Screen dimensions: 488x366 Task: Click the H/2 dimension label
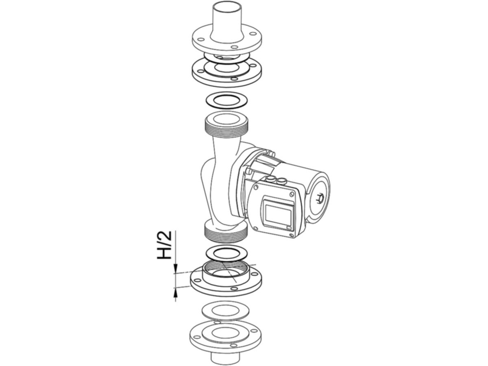[164, 245]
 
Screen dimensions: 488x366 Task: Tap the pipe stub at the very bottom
[225, 357]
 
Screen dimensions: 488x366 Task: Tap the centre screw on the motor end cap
[320, 197]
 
